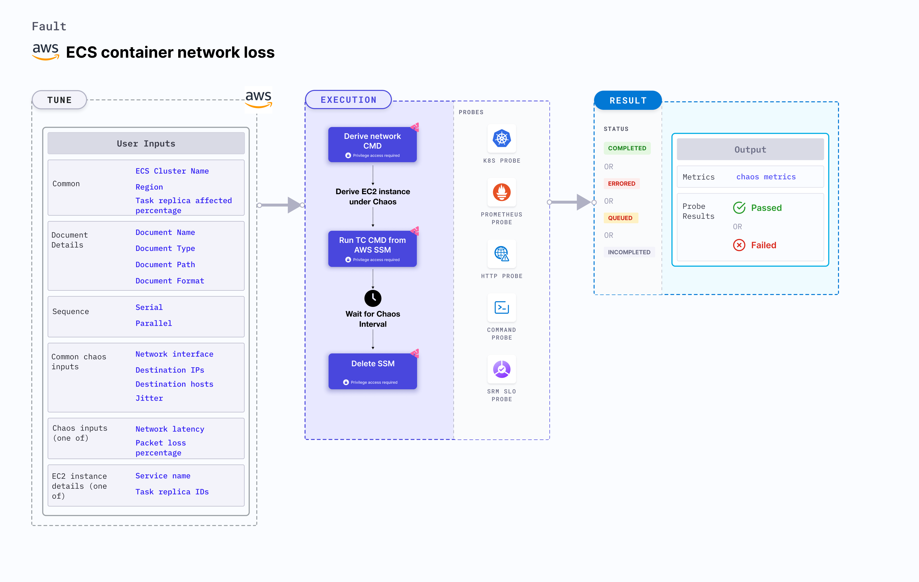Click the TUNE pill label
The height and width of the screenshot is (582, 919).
pos(60,100)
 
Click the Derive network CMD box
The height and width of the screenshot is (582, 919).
pos(372,144)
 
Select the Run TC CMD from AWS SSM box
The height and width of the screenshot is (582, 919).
pos(372,248)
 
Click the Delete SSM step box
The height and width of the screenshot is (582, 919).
pos(372,371)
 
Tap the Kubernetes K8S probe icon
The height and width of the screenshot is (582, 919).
pos(501,139)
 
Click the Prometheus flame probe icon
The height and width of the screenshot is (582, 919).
pos(501,192)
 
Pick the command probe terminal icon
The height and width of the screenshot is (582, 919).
pos(501,308)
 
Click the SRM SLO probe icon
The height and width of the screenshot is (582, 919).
pos(501,369)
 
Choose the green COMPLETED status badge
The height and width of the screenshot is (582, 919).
pos(627,148)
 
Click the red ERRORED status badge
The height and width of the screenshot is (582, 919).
pos(621,183)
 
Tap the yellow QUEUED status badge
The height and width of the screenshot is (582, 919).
pos(620,218)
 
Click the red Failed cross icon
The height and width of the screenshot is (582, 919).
pos(739,245)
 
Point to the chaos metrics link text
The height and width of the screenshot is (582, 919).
pos(766,177)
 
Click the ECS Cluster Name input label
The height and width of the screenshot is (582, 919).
pos(172,171)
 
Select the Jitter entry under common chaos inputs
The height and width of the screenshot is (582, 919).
pos(149,398)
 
